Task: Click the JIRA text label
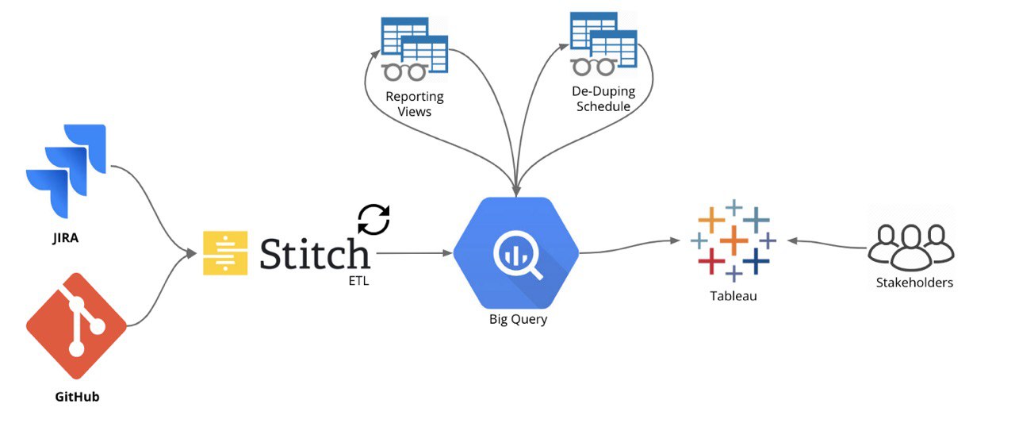66,236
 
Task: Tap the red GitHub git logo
76,325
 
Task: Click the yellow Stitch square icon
226,253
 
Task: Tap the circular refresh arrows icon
373,220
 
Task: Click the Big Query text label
518,320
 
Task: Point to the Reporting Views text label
415,104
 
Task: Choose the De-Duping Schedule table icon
604,43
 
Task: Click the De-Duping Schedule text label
603,99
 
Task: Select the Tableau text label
733,296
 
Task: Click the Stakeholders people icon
911,244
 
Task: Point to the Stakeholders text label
914,282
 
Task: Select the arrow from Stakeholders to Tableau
825,243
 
